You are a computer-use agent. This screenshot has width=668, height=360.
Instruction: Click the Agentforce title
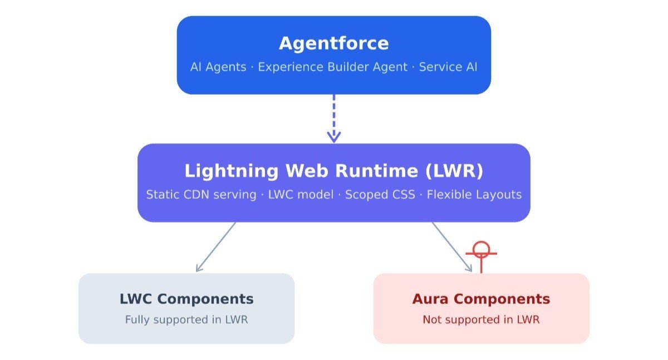[x=333, y=43]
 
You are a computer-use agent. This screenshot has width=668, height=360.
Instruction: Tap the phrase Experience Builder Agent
[x=332, y=67]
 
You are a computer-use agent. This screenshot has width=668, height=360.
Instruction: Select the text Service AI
[x=448, y=67]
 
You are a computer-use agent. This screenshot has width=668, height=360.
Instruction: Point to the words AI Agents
[x=218, y=67]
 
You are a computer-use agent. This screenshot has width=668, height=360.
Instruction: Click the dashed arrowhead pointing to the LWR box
[x=333, y=137]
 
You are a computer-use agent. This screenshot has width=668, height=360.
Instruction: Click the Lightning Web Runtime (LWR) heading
[x=333, y=171]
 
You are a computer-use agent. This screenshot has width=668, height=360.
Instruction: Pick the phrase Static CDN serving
[x=202, y=195]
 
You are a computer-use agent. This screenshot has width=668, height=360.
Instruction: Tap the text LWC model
[x=301, y=195]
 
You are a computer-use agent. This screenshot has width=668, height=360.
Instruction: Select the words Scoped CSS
[x=380, y=195]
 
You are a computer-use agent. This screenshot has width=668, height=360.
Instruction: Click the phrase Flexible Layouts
[x=474, y=195]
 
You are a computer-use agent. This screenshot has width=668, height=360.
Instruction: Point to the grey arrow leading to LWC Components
[x=215, y=247]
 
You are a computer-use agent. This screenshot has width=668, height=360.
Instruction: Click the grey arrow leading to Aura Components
[x=452, y=247]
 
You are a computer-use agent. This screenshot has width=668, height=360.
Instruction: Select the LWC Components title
[x=186, y=299]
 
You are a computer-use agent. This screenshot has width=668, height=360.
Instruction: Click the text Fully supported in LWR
[x=186, y=320]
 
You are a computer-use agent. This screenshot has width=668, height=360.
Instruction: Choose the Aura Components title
[x=481, y=299]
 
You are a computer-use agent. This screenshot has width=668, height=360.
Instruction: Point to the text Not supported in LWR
[x=481, y=320]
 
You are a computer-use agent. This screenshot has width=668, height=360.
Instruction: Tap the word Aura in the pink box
[x=430, y=299]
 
